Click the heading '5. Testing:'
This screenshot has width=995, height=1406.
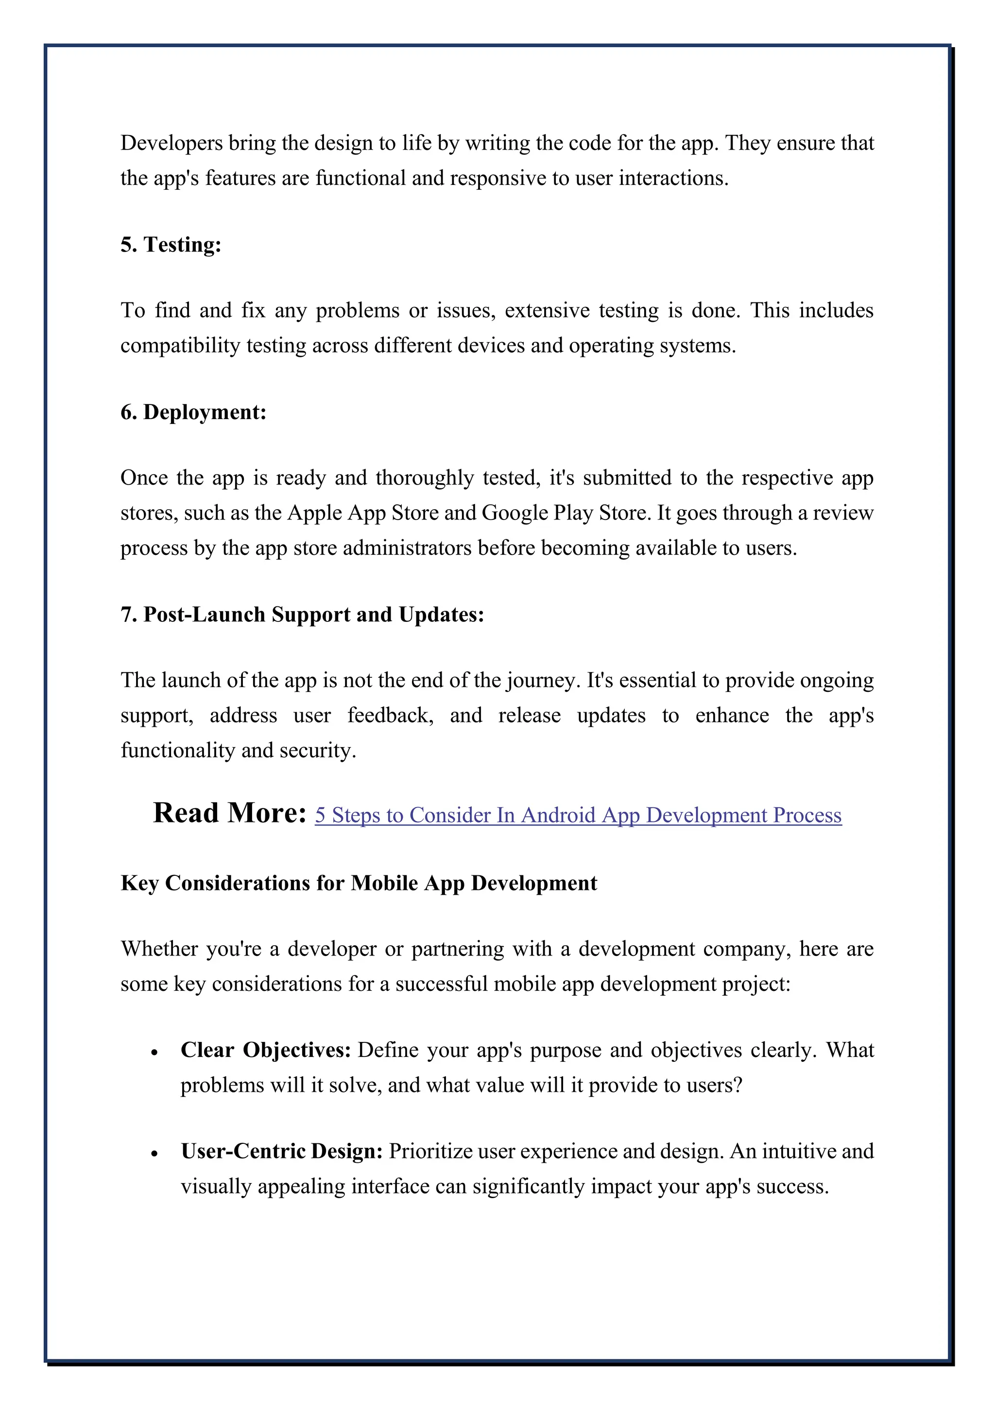click(171, 245)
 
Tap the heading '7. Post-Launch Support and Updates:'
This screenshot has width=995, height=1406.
click(302, 614)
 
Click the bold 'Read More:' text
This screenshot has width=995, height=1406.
click(229, 813)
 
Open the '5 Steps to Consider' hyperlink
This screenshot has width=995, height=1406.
click(578, 815)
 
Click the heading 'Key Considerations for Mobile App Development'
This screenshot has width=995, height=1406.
click(359, 883)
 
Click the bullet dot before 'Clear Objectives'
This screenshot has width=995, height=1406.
click(154, 1053)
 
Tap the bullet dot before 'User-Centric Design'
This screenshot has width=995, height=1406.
click(154, 1154)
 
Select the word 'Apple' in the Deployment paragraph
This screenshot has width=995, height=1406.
click(314, 513)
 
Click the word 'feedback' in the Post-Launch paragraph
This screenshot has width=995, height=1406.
click(390, 715)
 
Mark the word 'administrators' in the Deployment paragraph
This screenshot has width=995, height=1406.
click(407, 548)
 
